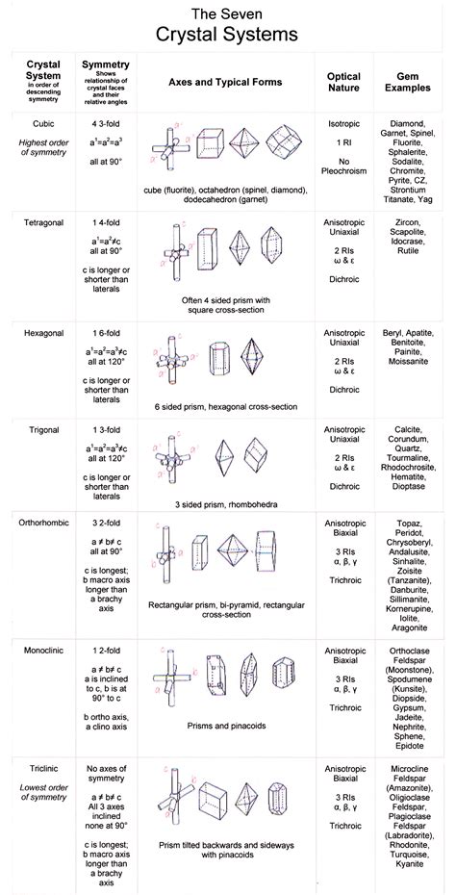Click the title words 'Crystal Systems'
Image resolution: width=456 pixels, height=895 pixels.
point(228,35)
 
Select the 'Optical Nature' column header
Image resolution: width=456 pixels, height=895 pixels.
point(343,82)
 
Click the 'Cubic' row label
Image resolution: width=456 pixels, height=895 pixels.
point(40,124)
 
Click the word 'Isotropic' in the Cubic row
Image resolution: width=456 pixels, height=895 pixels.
point(343,124)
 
